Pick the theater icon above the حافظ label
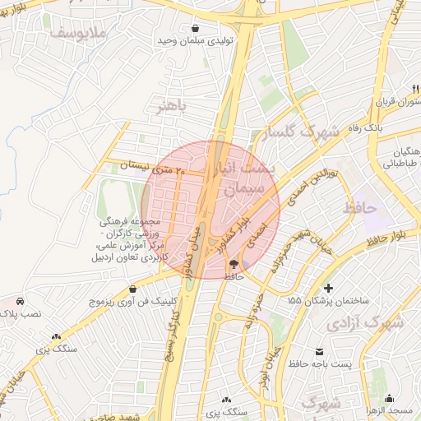234,264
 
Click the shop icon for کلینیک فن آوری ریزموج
133,289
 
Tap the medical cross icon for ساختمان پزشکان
329,288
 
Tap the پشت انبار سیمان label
246,178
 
